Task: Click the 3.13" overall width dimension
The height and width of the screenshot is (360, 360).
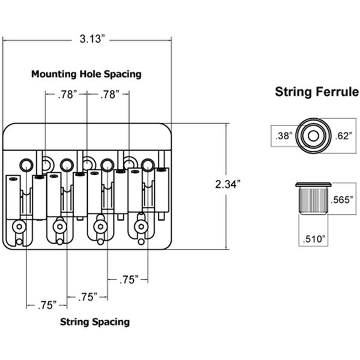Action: (92, 40)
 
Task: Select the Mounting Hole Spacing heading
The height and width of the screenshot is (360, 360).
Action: (86, 74)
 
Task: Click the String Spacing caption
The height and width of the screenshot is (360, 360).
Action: (95, 322)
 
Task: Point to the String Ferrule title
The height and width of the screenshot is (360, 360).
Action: (316, 92)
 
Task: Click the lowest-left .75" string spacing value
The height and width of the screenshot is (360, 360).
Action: (46, 305)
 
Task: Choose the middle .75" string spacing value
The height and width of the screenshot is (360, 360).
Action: (87, 297)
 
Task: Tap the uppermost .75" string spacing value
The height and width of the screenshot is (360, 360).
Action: (128, 278)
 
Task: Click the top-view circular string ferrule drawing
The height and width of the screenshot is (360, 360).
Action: (313, 135)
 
